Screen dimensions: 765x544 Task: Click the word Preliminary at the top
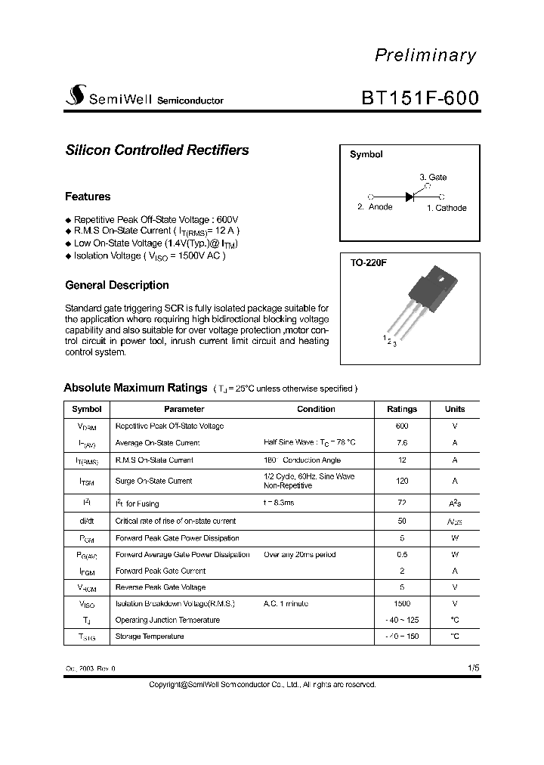(x=425, y=56)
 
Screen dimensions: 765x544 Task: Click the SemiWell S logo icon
(x=75, y=97)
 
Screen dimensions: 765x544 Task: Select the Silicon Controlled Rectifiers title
(x=157, y=150)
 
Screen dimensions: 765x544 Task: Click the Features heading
(x=88, y=197)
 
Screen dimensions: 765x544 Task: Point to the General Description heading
(x=117, y=285)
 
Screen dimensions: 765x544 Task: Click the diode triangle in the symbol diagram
(x=410, y=196)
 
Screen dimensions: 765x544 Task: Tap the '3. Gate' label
(x=433, y=178)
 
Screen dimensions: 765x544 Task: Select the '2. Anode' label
(x=375, y=207)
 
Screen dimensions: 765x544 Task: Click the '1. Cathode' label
(x=447, y=208)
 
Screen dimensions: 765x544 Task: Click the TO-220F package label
(x=368, y=262)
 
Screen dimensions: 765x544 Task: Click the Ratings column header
(x=402, y=409)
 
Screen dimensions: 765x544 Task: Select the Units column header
(x=455, y=409)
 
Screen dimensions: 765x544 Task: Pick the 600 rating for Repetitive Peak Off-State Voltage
(x=402, y=426)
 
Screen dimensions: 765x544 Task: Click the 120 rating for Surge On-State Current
(x=402, y=481)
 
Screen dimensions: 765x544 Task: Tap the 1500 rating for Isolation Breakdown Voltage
(x=402, y=604)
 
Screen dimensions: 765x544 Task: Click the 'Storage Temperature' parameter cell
(x=150, y=636)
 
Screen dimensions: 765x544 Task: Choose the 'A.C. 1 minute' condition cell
(x=286, y=604)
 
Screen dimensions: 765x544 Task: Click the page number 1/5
(x=473, y=668)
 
